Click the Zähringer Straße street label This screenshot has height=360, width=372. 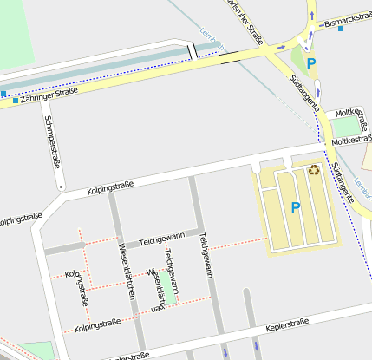click(x=46, y=100)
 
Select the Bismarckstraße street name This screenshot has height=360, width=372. click(x=347, y=19)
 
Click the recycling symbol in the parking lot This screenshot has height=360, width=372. click(x=314, y=170)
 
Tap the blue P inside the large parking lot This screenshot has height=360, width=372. click(x=295, y=208)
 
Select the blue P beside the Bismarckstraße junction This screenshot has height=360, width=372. click(x=310, y=63)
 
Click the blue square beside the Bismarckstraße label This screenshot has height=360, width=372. click(x=341, y=29)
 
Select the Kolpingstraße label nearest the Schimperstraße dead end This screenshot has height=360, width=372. click(x=109, y=187)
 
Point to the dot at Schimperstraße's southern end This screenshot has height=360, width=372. click(x=61, y=186)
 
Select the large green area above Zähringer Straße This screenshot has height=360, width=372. click(x=17, y=35)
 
